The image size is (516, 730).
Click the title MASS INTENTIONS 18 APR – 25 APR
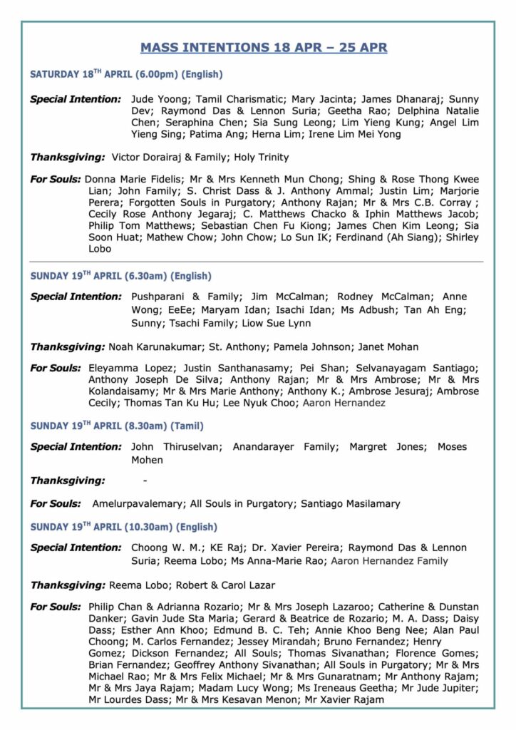pyautogui.click(x=264, y=48)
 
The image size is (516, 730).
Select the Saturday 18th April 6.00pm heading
pyautogui.click(x=126, y=74)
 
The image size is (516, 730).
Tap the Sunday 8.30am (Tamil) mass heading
pyautogui.click(x=116, y=426)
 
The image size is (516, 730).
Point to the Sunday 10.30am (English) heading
pyautogui.click(x=123, y=528)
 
